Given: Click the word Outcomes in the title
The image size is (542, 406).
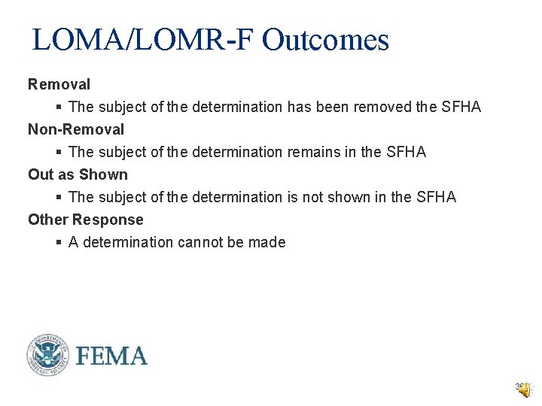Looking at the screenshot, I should click(325, 40).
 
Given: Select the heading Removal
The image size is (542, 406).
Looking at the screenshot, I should click(59, 84).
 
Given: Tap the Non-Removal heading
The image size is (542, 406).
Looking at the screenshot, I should click(76, 129).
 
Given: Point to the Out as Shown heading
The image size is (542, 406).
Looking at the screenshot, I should click(78, 174).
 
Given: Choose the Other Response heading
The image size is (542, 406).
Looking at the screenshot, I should click(85, 220).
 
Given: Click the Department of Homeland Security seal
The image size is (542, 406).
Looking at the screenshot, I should click(47, 355).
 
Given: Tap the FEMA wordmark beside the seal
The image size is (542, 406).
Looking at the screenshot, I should click(111, 356).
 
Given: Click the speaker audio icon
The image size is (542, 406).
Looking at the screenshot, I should click(523, 389).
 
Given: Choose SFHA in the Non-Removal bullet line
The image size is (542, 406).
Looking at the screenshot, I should click(406, 152).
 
